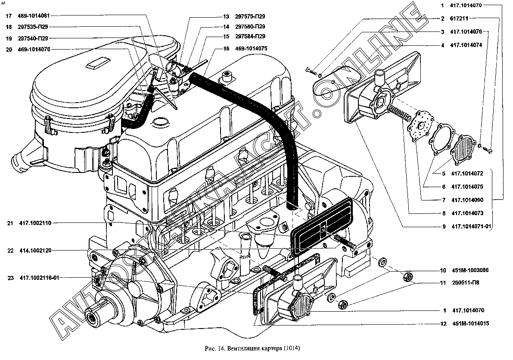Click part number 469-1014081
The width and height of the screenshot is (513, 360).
[34, 16]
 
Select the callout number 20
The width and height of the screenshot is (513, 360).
[9, 49]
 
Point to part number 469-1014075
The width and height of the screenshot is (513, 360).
[251, 49]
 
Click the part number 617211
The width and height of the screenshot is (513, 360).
[460, 19]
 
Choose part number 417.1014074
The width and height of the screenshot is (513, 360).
[466, 45]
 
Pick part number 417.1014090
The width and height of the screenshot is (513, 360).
[467, 200]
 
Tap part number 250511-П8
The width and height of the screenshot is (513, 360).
[465, 283]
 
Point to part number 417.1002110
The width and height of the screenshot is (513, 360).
[35, 223]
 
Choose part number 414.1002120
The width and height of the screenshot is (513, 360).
[35, 250]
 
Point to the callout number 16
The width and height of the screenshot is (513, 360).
[226, 49]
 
